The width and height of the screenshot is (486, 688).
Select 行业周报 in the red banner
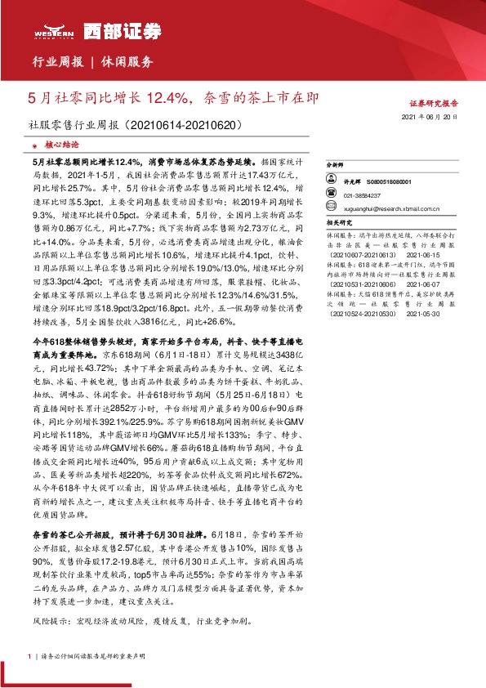point(58,62)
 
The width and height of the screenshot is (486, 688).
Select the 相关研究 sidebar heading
point(361,221)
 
